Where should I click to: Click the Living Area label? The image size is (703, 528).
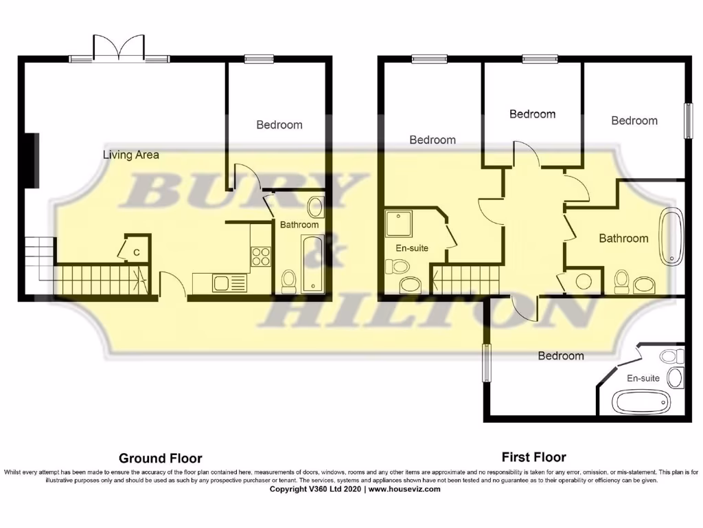click(x=130, y=155)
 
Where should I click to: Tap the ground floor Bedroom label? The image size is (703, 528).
click(x=279, y=124)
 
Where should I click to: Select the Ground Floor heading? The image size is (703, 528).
click(x=160, y=458)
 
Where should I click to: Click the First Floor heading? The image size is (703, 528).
click(x=533, y=456)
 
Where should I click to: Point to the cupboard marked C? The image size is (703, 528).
click(x=137, y=252)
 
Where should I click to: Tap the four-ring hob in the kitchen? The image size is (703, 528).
click(x=261, y=256)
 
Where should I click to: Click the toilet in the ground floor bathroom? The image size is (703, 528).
click(x=289, y=280)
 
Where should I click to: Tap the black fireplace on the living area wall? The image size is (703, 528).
click(x=32, y=159)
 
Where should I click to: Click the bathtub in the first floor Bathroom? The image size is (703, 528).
click(x=671, y=237)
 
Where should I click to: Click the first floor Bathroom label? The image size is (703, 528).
click(x=623, y=238)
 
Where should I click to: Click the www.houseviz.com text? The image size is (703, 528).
click(x=404, y=489)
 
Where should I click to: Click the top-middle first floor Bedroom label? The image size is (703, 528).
click(x=532, y=113)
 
